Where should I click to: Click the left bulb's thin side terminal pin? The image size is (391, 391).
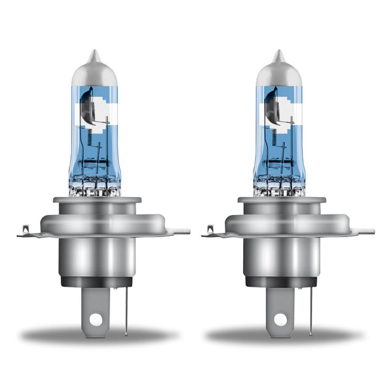point(126,306)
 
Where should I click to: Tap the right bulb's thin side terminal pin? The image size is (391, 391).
point(310,306)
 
